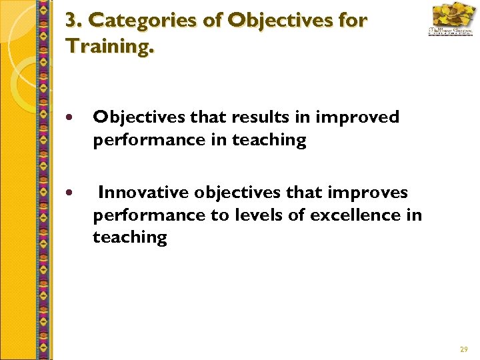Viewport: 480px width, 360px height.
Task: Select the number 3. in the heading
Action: tap(74, 21)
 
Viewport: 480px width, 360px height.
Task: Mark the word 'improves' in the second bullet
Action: tap(374, 193)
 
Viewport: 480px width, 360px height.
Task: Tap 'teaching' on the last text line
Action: tap(130, 237)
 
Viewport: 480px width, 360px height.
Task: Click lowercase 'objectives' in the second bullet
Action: tap(228, 193)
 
